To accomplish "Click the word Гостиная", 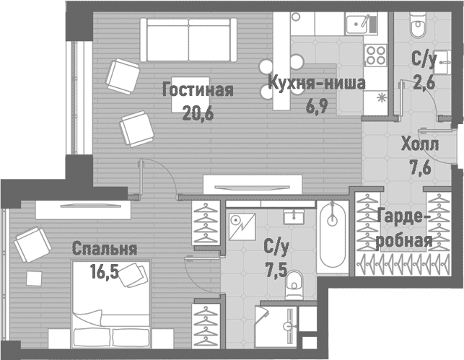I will [198, 90].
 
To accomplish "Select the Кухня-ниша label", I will [316, 83].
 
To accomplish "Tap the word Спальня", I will [105, 249].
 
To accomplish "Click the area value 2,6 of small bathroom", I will [423, 82].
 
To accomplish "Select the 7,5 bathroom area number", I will [276, 269].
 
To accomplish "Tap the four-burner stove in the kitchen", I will [376, 55].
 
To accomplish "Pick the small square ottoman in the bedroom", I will [34, 278].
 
